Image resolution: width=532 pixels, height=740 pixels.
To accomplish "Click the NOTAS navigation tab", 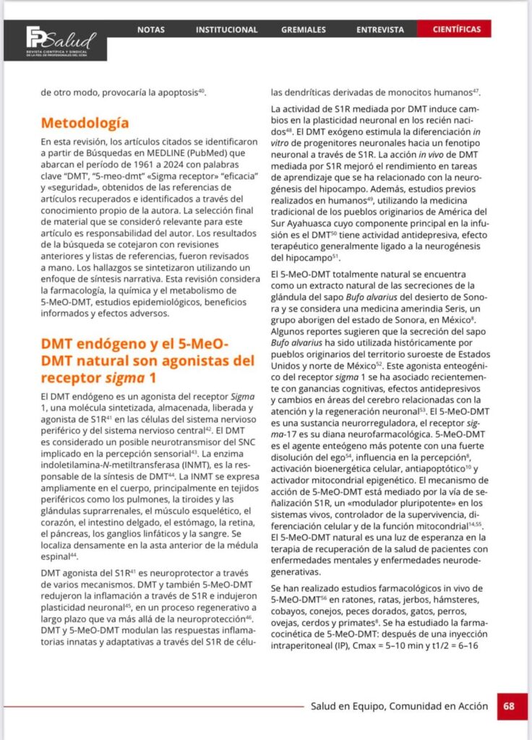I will click(151, 30).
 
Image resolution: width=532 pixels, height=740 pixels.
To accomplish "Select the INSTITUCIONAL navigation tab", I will click(226, 30).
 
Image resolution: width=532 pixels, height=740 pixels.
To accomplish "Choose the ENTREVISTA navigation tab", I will click(380, 30).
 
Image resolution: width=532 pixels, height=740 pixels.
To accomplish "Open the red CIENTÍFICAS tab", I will click(457, 30).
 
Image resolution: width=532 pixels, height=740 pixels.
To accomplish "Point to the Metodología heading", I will click(85, 123).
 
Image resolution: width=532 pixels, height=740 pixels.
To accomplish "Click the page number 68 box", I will click(509, 706).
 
